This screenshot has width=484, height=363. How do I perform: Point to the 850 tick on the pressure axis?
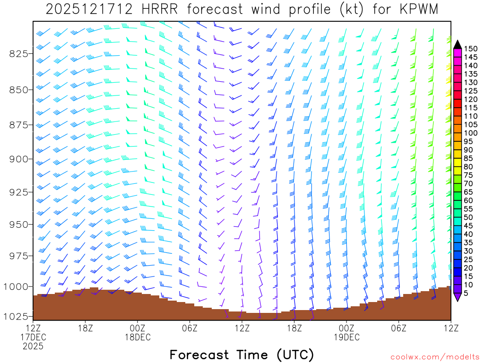coord(19,89)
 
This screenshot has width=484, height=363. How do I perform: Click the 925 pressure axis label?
coord(19,192)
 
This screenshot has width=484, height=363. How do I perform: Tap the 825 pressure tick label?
coord(19,53)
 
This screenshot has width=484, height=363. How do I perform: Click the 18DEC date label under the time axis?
coord(138,337)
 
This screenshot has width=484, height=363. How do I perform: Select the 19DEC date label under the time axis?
coord(346,337)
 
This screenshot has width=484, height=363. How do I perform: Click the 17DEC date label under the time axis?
coord(33,337)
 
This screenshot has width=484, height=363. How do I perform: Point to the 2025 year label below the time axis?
coord(33,346)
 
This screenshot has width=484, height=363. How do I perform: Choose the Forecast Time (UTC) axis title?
coord(242,354)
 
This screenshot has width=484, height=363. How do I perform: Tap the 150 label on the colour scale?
coord(471,48)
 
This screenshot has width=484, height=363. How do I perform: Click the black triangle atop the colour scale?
coord(458,44)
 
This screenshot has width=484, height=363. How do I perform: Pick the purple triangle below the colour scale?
coord(458,297)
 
